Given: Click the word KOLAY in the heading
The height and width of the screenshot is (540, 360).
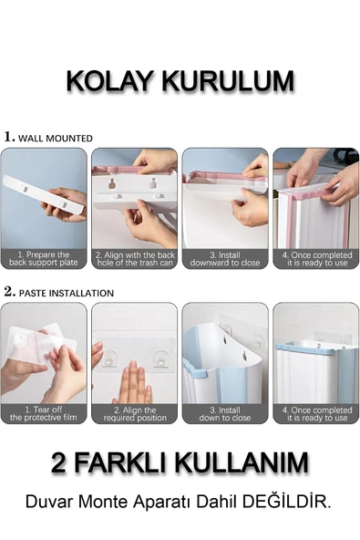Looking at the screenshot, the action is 109,81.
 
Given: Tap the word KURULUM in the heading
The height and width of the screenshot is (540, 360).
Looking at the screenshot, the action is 228,81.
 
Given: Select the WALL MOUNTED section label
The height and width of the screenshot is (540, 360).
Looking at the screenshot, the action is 55,139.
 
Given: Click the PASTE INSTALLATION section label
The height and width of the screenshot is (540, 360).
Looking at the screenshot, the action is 67,293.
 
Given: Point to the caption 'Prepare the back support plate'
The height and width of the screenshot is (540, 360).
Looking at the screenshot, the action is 44,259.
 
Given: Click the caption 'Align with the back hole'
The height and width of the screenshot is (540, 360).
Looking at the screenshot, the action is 135,259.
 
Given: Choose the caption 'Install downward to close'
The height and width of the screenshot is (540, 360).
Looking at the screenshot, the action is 225,259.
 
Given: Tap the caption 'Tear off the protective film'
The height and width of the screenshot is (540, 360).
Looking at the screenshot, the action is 44,413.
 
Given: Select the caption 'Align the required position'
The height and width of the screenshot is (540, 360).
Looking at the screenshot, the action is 135,414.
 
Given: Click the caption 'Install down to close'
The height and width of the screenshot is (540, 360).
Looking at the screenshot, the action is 225,414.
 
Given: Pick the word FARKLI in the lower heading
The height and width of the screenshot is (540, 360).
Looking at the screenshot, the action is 122,462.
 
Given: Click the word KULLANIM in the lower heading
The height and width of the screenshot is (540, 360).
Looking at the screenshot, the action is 243,462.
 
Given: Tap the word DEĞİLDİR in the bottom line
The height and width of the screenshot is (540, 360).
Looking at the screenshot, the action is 286,502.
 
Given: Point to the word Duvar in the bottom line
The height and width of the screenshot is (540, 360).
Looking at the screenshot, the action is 49,502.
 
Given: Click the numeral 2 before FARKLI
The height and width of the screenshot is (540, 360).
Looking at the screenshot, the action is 58,462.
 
